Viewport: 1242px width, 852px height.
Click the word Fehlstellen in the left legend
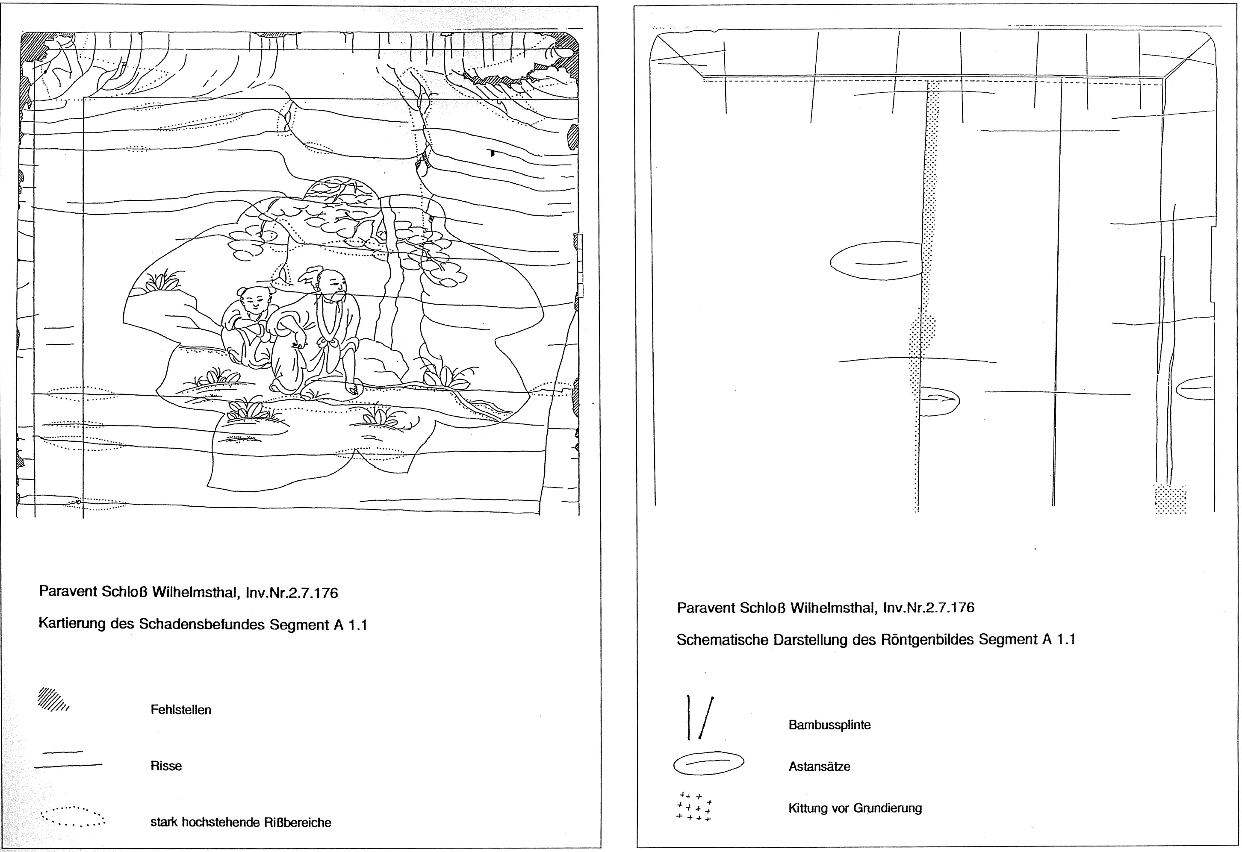[x=180, y=710]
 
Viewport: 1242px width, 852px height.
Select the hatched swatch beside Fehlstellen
[x=53, y=700]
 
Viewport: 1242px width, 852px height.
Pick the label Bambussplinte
[x=829, y=725]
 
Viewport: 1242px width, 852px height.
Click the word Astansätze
[x=819, y=767]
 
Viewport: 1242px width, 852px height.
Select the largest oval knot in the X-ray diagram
[x=876, y=261]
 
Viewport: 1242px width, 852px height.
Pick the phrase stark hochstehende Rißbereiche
[x=240, y=822]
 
